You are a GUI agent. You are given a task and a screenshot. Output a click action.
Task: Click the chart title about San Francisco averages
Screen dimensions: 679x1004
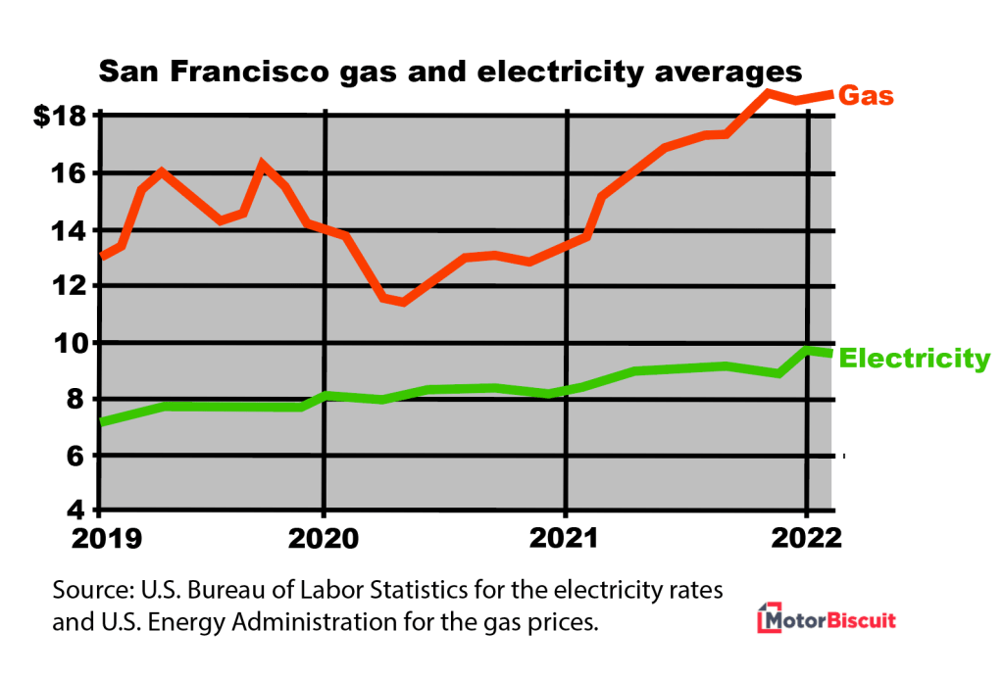(x=450, y=72)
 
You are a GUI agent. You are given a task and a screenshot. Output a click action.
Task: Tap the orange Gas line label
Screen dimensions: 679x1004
(x=868, y=96)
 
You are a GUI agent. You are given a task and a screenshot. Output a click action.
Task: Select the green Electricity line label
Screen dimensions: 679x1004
(x=916, y=359)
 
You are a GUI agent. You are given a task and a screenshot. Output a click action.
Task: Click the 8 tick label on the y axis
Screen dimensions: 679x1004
(x=78, y=400)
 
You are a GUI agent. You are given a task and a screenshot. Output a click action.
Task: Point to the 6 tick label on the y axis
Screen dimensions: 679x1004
(x=78, y=457)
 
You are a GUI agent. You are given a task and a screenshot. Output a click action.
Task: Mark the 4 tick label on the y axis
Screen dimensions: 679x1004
(x=78, y=512)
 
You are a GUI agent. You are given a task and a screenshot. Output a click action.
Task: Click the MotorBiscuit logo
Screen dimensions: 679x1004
(x=828, y=620)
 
